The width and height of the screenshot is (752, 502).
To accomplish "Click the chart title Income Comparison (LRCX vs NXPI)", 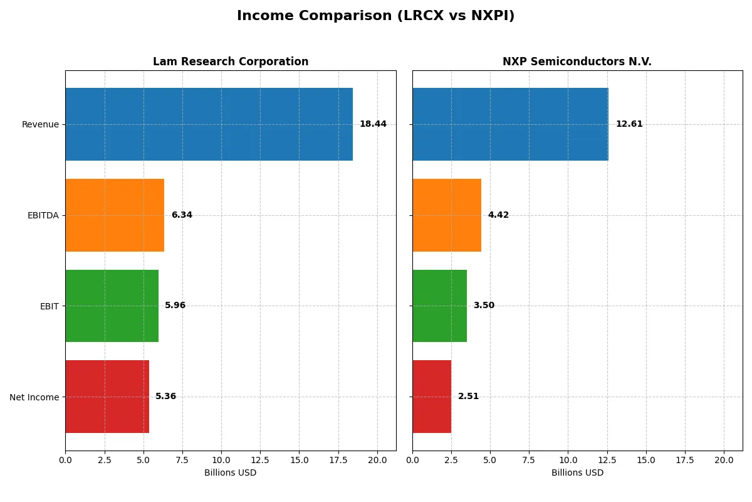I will coord(375,16).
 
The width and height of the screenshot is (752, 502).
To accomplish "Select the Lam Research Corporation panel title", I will coord(231,61).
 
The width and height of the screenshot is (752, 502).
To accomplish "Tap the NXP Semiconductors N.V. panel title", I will coord(577,61).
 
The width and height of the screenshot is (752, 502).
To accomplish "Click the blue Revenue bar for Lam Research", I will coord(209,124).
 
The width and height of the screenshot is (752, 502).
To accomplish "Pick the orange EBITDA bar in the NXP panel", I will coord(447,215).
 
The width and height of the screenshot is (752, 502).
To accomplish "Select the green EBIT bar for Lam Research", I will coord(112,306).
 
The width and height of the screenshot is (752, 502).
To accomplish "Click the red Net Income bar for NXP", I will coord(432,397).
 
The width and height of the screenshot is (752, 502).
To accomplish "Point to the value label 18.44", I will coord(373,124).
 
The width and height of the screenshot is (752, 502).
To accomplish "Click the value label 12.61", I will coord(629,124).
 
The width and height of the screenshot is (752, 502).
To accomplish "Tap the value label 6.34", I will coord(182,215).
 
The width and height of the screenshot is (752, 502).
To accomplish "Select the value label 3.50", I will coord(484,306).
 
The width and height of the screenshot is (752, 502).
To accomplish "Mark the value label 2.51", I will coord(468,397).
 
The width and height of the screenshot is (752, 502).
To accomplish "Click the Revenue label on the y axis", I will coord(40,124).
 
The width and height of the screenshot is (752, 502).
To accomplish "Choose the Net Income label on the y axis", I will coord(34,397).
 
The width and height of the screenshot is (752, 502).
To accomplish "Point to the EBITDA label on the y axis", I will coord(43,215).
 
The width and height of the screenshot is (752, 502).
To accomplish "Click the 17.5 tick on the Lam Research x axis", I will coord(338,460).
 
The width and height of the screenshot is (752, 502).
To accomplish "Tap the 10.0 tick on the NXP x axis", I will coord(568,460).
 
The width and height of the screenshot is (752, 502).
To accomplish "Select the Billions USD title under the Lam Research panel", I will coord(230,473).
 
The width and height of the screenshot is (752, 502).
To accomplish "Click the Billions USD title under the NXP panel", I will coord(577,473).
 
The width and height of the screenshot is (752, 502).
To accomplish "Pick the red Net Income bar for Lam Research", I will coord(107,397).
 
